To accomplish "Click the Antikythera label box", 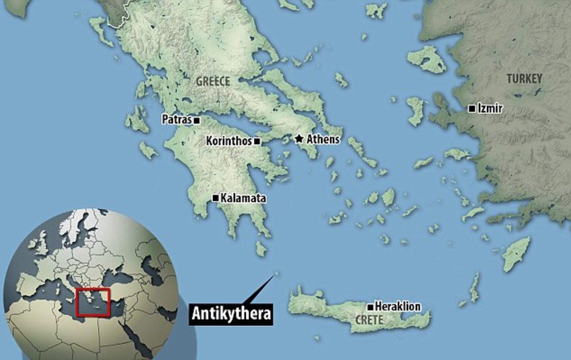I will tap(231, 314).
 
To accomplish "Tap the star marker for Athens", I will tap(299, 139).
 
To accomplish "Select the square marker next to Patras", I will tap(196, 120).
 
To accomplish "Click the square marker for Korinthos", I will tap(257, 141).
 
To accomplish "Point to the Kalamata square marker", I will tap(216, 198).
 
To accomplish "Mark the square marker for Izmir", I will tap(471, 109).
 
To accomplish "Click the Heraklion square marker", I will tap(370, 306).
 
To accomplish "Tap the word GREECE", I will tap(213, 81).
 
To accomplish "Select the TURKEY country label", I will tap(524, 79).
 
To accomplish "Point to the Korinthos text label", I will tap(229, 141).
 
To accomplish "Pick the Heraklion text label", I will tap(397, 306).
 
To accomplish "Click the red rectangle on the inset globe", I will tap(93, 302).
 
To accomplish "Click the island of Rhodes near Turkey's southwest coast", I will tap(516, 254).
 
